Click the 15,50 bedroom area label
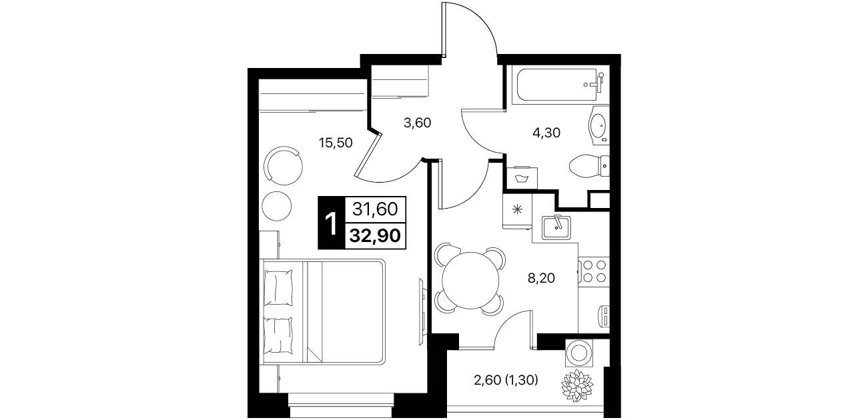point(336,143)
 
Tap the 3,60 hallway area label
point(418,123)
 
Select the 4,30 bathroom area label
point(546,133)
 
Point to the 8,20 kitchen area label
point(541,277)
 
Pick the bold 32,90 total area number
point(375,235)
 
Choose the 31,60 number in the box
point(375,209)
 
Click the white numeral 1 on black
point(331,223)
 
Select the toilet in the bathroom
point(588,167)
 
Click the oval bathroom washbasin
point(599,125)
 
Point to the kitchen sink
point(556,227)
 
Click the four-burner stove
point(594,271)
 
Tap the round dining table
point(470,280)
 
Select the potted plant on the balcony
point(577,385)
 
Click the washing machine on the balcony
point(580,353)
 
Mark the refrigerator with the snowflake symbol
point(517,210)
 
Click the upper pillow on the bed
point(278,287)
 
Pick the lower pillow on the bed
point(278,335)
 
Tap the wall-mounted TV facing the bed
point(422,311)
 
